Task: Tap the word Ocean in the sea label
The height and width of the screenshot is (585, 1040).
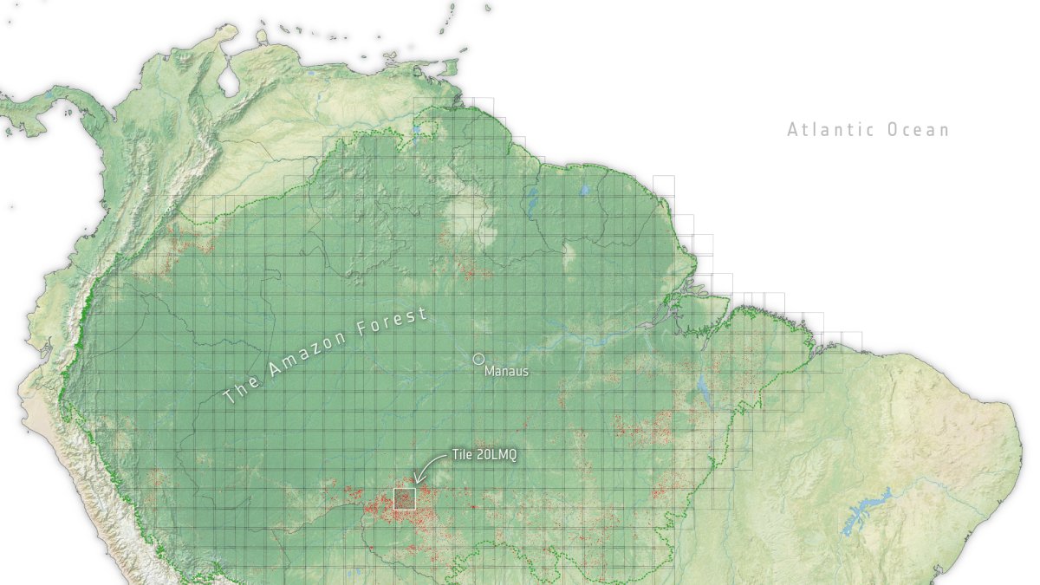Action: click(919, 130)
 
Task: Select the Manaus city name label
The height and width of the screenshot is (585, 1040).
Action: click(506, 372)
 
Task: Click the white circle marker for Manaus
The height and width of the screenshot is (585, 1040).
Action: click(478, 359)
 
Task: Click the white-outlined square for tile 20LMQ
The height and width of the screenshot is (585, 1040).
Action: click(405, 498)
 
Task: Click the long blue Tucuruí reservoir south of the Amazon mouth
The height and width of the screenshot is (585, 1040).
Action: click(704, 394)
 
